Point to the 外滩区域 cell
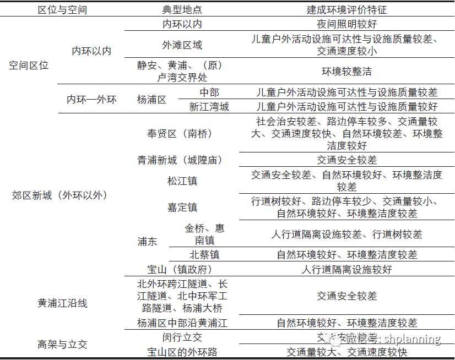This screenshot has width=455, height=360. pyautogui.click(x=182, y=45)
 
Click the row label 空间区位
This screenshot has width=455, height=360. pyautogui.click(x=29, y=65)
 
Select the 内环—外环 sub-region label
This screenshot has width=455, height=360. pyautogui.click(x=91, y=100)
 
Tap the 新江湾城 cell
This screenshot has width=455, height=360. pyautogui.click(x=209, y=107)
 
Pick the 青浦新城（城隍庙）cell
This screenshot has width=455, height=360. pyautogui.click(x=180, y=160)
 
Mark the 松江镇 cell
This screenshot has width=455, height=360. pyautogui.click(x=182, y=181)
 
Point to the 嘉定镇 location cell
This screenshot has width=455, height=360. pyautogui.click(x=182, y=208)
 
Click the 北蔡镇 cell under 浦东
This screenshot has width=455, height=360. pyautogui.click(x=204, y=255)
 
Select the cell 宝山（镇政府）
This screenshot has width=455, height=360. pyautogui.click(x=180, y=270)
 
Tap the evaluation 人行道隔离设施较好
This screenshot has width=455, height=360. pyautogui.click(x=347, y=270)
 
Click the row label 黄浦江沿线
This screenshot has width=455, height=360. pyautogui.click(x=62, y=303)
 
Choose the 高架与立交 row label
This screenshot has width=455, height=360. pyautogui.click(x=62, y=345)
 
